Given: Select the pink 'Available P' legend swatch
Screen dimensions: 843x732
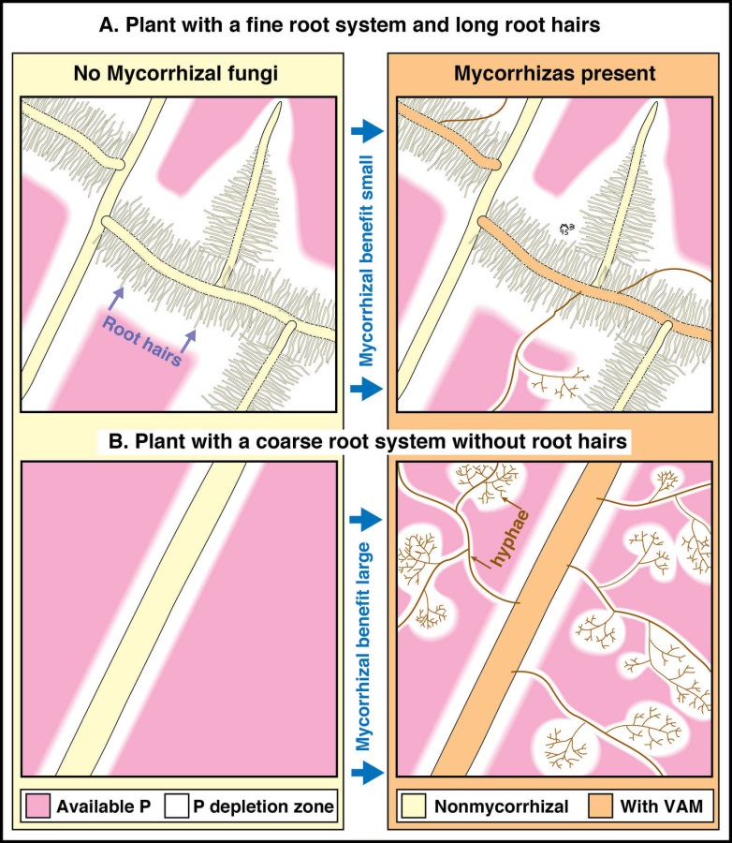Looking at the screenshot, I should point(38,806).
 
